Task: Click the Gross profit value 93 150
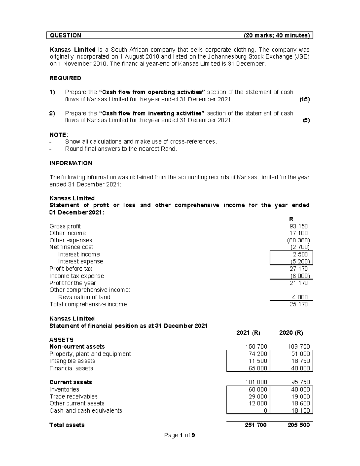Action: [298, 226]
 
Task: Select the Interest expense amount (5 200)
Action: [300, 261]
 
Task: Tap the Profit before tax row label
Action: [71, 269]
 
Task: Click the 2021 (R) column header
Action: [248, 333]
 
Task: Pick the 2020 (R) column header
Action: [291, 333]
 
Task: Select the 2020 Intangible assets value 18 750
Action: [300, 361]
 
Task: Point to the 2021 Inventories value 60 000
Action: [258, 389]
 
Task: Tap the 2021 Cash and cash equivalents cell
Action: [265, 410]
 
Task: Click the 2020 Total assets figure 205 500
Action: [298, 425]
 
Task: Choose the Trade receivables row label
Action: [73, 396]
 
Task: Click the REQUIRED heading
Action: [65, 78]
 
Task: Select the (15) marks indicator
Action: [304, 99]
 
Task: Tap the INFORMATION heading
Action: [71, 163]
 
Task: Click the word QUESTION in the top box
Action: [66, 35]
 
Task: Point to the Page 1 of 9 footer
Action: [180, 435]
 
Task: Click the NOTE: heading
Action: [59, 135]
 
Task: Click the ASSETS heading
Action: [61, 340]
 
